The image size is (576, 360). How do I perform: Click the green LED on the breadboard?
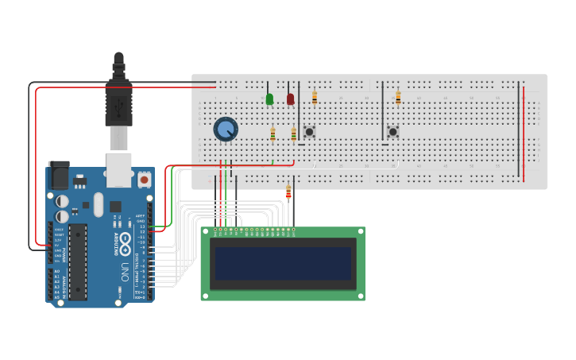(269, 99)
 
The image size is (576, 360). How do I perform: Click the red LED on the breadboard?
(291, 99)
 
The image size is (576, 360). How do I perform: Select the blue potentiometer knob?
(226, 129)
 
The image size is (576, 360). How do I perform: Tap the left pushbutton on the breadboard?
(309, 131)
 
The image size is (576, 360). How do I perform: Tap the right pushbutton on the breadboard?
(392, 131)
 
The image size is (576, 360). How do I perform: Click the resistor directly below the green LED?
(273, 134)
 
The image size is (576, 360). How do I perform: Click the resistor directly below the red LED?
(293, 134)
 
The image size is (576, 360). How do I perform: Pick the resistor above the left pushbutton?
(315, 98)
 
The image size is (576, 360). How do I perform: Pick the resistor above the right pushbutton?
(398, 98)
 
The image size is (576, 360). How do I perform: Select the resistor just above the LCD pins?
(288, 192)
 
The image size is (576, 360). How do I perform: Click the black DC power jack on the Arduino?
(60, 175)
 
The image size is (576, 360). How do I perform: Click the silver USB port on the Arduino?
(118, 169)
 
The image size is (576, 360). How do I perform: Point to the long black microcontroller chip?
(78, 261)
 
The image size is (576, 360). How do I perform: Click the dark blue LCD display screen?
(282, 263)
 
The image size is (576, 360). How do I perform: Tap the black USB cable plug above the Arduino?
(118, 99)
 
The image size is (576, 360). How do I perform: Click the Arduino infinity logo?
(126, 242)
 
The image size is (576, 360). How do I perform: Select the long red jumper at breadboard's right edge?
(524, 131)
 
